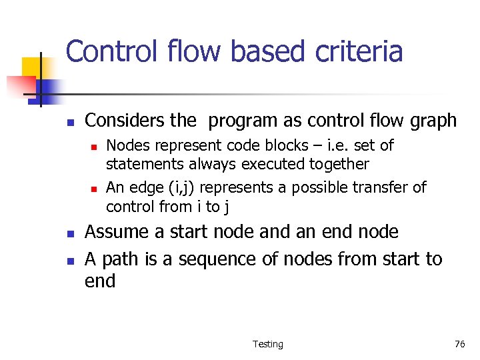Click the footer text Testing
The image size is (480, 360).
click(267, 344)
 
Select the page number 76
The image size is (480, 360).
click(459, 344)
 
